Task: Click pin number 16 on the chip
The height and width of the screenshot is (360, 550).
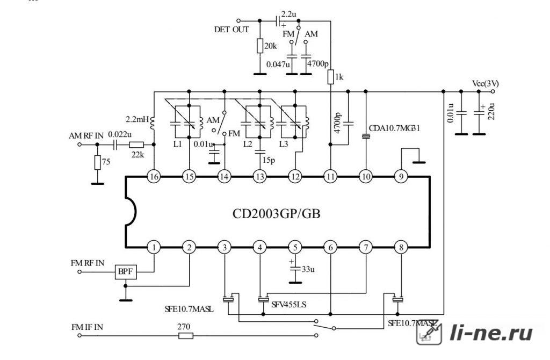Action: (154, 177)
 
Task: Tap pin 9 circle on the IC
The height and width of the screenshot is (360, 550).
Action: (401, 177)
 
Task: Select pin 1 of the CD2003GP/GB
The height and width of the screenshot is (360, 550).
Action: (154, 247)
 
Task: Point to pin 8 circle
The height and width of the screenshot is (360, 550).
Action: (401, 247)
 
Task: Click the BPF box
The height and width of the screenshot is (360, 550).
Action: (126, 271)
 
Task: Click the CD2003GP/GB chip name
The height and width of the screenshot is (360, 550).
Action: (277, 214)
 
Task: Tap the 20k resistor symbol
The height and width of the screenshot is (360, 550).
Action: (260, 46)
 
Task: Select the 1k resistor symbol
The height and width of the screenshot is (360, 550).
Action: (330, 77)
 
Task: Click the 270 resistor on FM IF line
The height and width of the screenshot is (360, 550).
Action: (185, 336)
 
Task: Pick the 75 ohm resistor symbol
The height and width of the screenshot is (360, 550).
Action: (98, 162)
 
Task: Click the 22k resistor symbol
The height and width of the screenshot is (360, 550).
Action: (136, 145)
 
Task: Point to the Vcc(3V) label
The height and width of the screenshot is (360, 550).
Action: (486, 84)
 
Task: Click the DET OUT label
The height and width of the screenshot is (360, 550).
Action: (231, 30)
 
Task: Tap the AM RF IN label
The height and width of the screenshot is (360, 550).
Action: (86, 135)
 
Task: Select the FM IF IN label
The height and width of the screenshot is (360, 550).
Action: (88, 327)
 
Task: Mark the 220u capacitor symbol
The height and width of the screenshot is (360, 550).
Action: (479, 113)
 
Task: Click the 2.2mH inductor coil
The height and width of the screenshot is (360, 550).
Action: (153, 123)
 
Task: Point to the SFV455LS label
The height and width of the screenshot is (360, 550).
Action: (288, 305)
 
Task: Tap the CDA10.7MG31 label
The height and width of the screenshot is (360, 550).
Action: (394, 128)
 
